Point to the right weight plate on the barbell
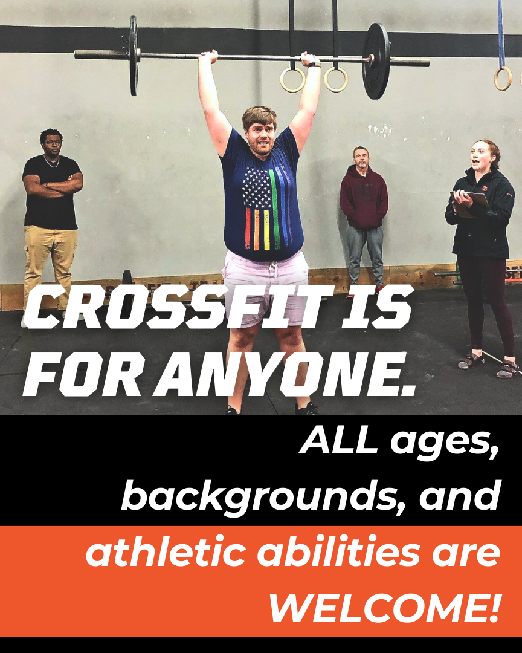coord(376,60)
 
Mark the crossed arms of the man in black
coord(53,183)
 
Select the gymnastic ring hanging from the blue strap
coord(503,78)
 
